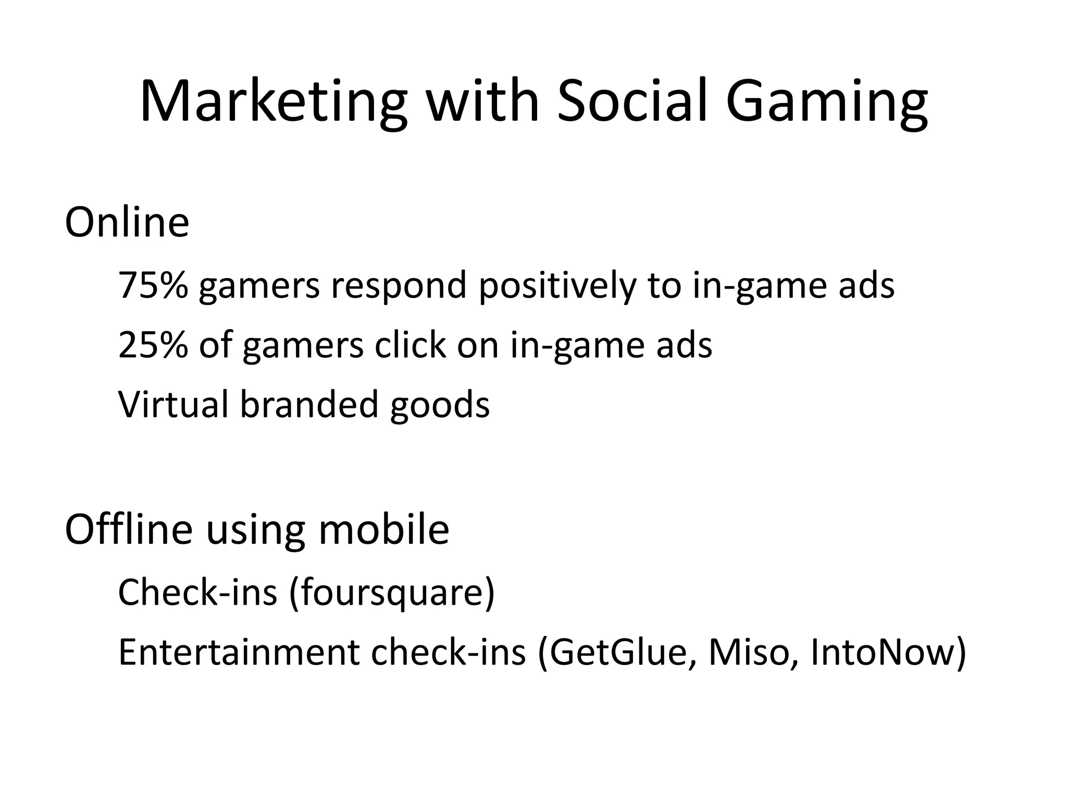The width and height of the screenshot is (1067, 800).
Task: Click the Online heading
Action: pyautogui.click(x=127, y=223)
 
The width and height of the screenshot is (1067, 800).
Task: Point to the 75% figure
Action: pyautogui.click(x=153, y=285)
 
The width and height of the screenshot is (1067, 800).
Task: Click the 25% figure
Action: pyautogui.click(x=153, y=345)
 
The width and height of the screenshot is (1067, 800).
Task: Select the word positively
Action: pyautogui.click(x=557, y=286)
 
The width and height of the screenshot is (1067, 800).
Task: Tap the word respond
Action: pyautogui.click(x=399, y=286)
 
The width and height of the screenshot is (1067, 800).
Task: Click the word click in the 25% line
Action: pyautogui.click(x=410, y=345)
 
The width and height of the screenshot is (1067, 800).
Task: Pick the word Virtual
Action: pyautogui.click(x=173, y=404)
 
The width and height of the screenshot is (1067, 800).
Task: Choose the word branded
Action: pyautogui.click(x=308, y=404)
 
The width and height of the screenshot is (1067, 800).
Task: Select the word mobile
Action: pyautogui.click(x=383, y=529)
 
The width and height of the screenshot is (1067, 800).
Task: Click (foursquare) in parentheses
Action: pyautogui.click(x=391, y=593)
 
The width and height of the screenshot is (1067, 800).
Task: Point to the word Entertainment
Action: pyautogui.click(x=239, y=652)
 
